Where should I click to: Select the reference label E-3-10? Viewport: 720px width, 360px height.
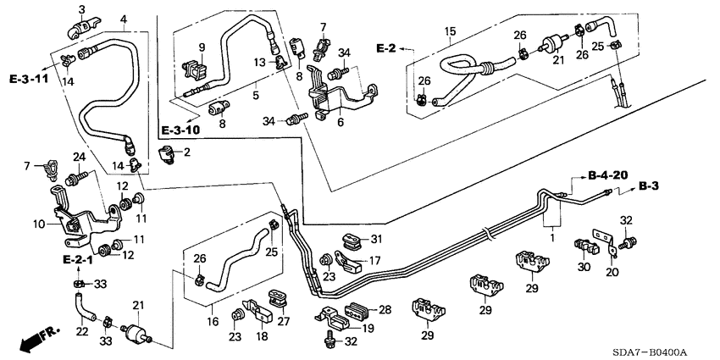tap(179, 130)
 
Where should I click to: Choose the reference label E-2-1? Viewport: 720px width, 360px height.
tap(76, 258)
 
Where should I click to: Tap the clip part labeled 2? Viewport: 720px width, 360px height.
tap(166, 154)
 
